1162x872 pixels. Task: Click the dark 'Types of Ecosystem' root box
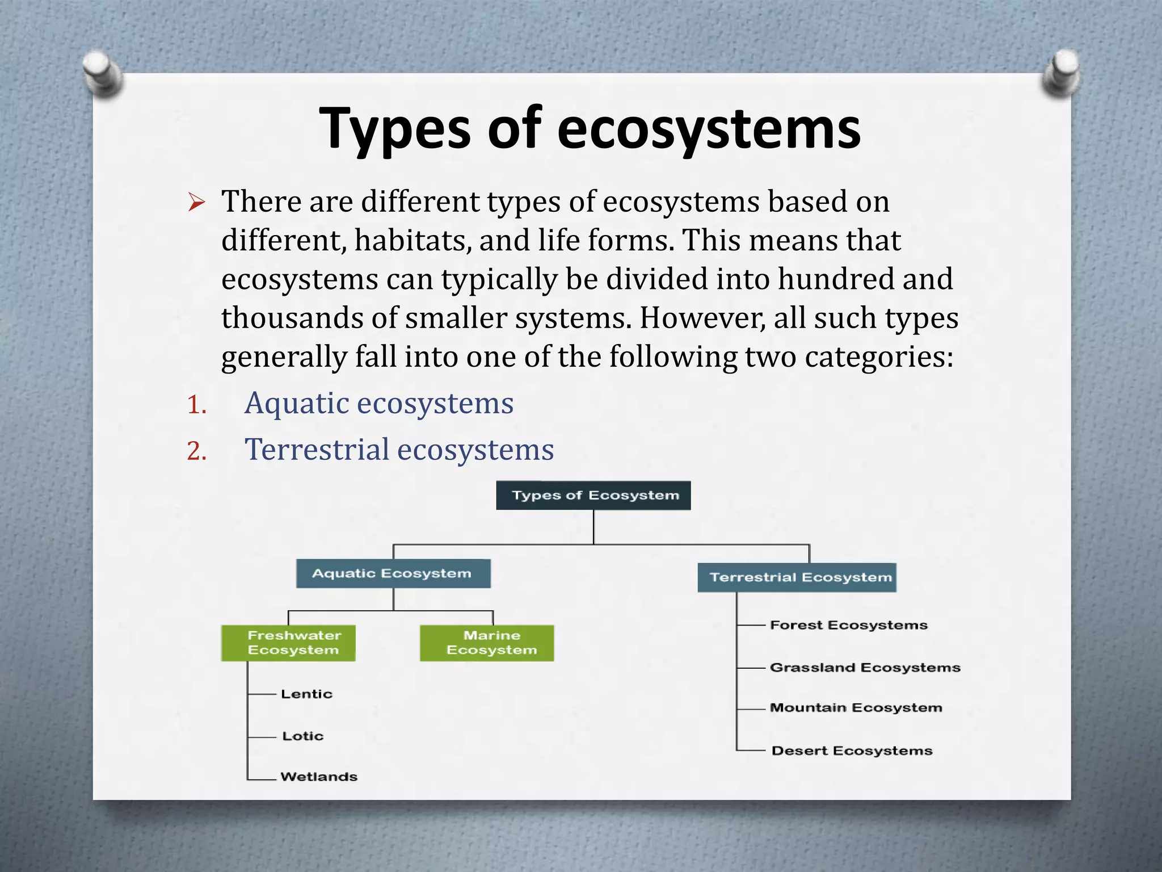pyautogui.click(x=593, y=496)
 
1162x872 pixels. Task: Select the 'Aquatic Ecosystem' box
pyautogui.click(x=393, y=573)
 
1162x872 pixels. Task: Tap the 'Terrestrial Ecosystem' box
pyautogui.click(x=797, y=577)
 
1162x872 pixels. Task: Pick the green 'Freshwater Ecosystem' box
pyautogui.click(x=288, y=643)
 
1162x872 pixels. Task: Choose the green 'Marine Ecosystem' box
pyautogui.click(x=487, y=643)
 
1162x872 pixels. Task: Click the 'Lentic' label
pyautogui.click(x=306, y=694)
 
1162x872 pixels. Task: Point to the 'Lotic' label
pyautogui.click(x=303, y=736)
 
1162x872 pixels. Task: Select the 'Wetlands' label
pyautogui.click(x=319, y=777)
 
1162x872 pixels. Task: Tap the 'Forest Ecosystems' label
pyautogui.click(x=849, y=625)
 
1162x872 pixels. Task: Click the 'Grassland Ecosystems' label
pyautogui.click(x=865, y=668)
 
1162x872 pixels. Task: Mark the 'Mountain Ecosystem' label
pyautogui.click(x=856, y=708)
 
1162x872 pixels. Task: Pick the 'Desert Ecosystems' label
pyautogui.click(x=852, y=751)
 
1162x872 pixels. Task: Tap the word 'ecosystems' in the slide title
pyautogui.click(x=709, y=129)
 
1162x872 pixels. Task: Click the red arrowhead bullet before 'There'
pyautogui.click(x=196, y=202)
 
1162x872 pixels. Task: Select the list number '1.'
pyautogui.click(x=197, y=405)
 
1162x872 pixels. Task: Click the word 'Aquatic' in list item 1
pyautogui.click(x=297, y=404)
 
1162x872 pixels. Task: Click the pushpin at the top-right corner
pyautogui.click(x=1062, y=73)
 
